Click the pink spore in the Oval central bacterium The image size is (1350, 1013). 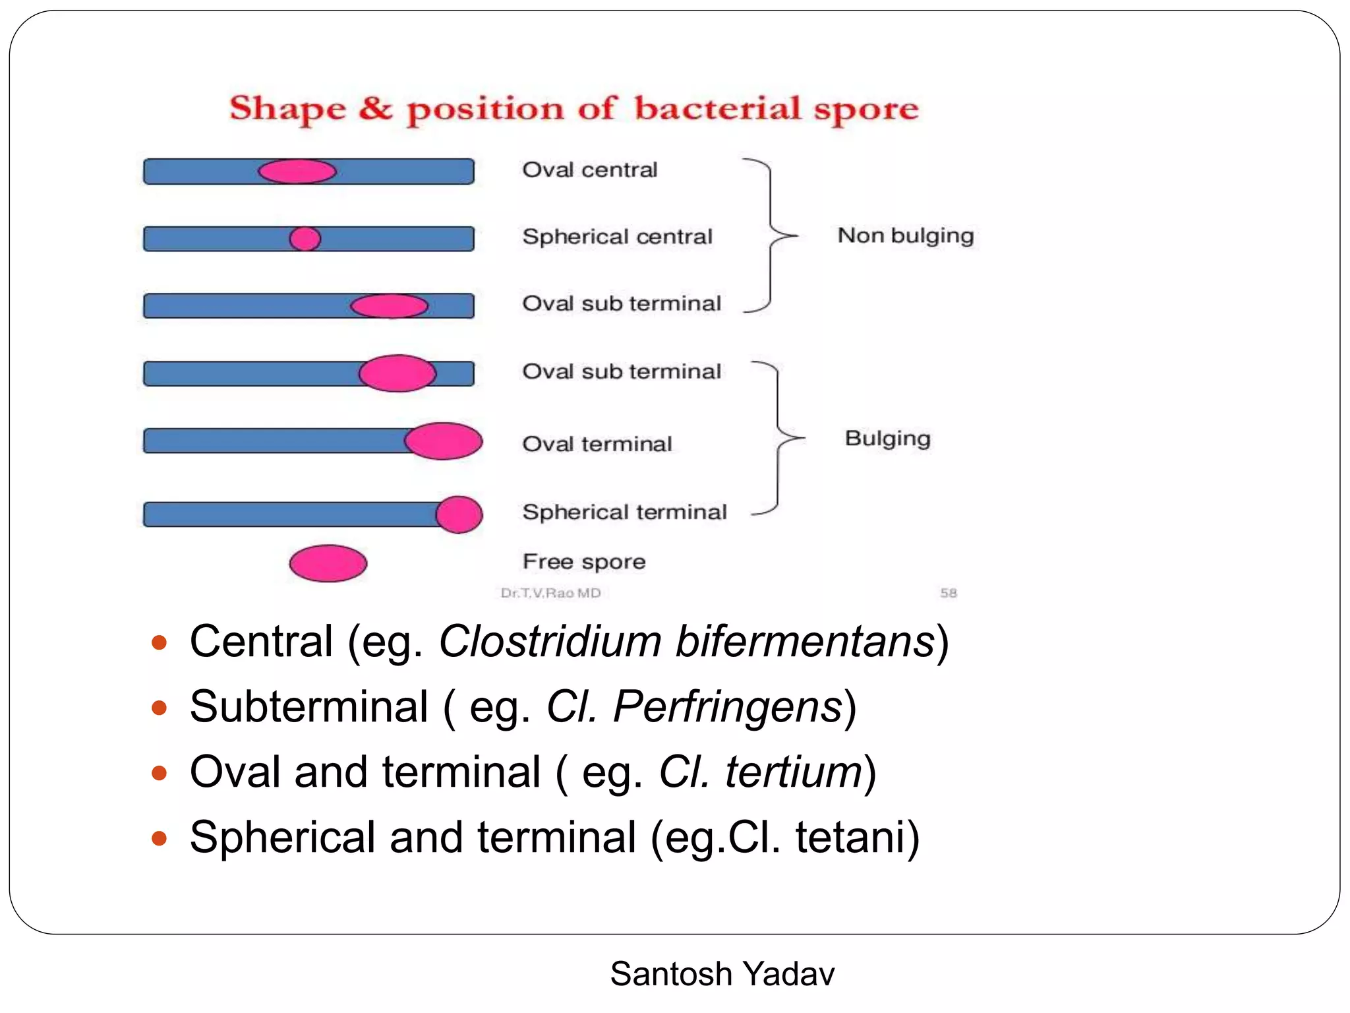297,171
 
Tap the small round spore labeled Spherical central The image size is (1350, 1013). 305,239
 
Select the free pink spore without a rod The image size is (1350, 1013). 328,563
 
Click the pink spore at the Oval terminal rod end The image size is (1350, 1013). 443,441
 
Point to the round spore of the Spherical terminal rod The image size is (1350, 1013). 459,514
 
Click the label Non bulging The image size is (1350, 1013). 905,235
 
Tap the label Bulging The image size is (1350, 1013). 887,439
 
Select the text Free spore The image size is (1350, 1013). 584,562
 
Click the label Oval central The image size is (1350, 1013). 590,170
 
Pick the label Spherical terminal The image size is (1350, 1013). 624,512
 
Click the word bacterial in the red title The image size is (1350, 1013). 718,109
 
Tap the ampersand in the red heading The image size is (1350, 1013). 376,109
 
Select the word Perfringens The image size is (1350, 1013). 728,707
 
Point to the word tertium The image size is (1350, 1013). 794,772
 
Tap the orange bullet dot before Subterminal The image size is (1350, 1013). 159,708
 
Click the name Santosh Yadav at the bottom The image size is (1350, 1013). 722,974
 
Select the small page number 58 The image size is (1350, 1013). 948,593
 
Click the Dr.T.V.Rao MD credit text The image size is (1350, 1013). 550,593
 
